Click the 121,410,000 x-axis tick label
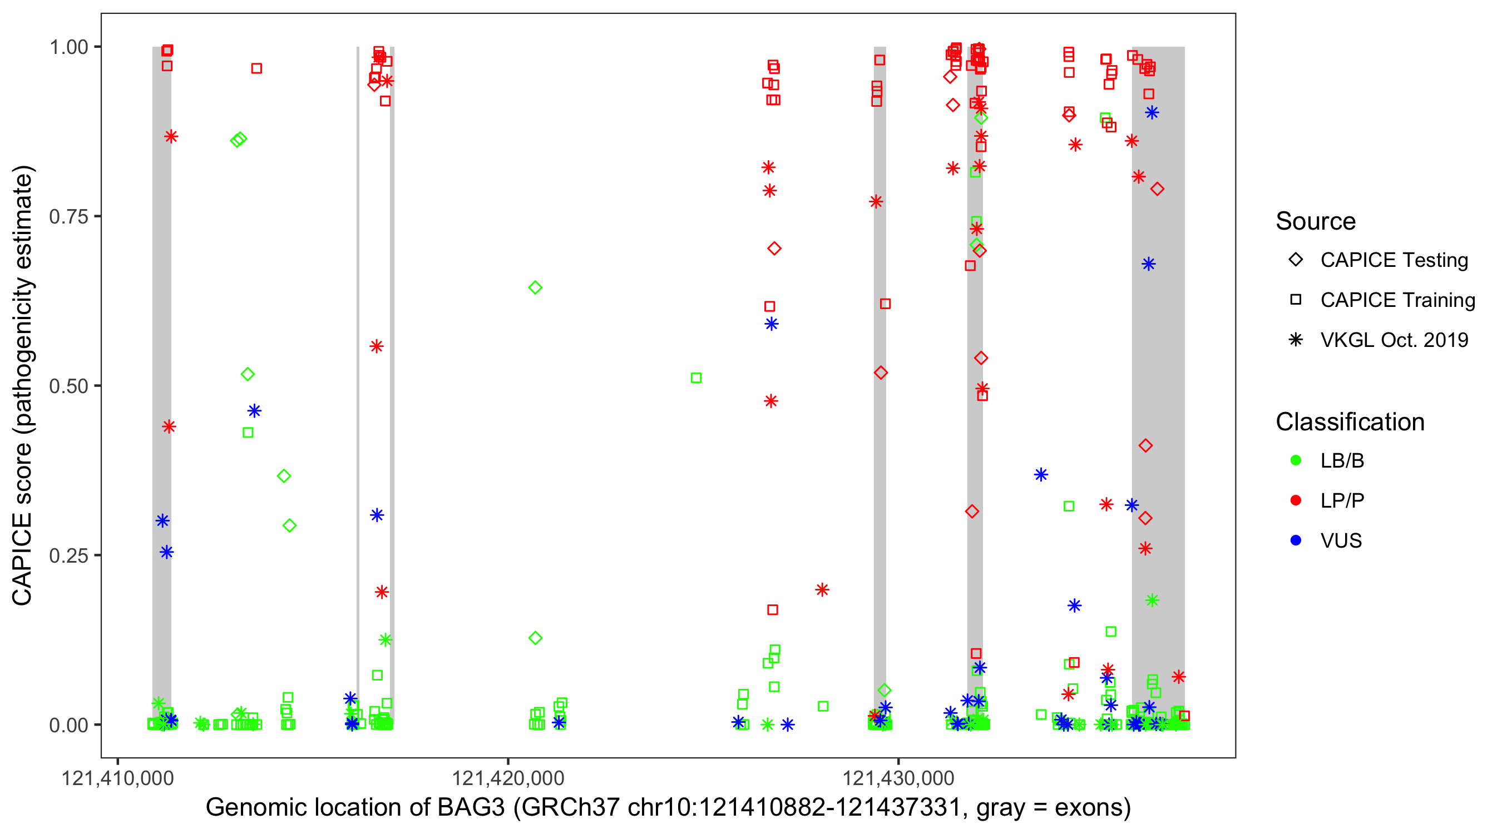pyautogui.click(x=118, y=778)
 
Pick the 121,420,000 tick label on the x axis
pyautogui.click(x=508, y=778)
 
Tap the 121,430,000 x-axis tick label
pyautogui.click(x=898, y=778)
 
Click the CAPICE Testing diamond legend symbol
pyautogui.click(x=1296, y=260)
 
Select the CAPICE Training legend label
pyautogui.click(x=1397, y=300)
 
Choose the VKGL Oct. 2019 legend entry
pyautogui.click(x=1394, y=340)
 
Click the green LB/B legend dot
pyautogui.click(x=1296, y=461)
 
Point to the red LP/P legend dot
pyautogui.click(x=1296, y=500)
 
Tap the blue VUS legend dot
pyautogui.click(x=1296, y=541)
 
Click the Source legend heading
pyautogui.click(x=1316, y=221)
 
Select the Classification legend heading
pyautogui.click(x=1350, y=422)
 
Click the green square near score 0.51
pyautogui.click(x=695, y=378)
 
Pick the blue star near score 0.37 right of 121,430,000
pyautogui.click(x=1041, y=475)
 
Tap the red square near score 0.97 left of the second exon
pyautogui.click(x=256, y=69)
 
